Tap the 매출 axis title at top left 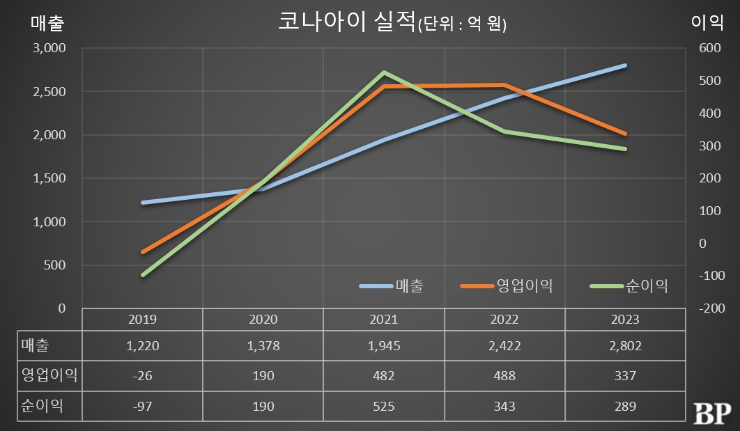click(x=47, y=22)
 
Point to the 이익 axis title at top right click(x=707, y=22)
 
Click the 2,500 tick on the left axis click(x=49, y=92)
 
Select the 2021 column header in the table click(x=384, y=320)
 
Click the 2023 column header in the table click(x=625, y=320)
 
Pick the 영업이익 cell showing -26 click(x=143, y=376)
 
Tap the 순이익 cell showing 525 click(x=384, y=406)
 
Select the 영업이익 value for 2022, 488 click(x=504, y=376)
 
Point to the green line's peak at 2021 click(x=384, y=72)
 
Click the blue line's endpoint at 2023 click(x=625, y=65)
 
